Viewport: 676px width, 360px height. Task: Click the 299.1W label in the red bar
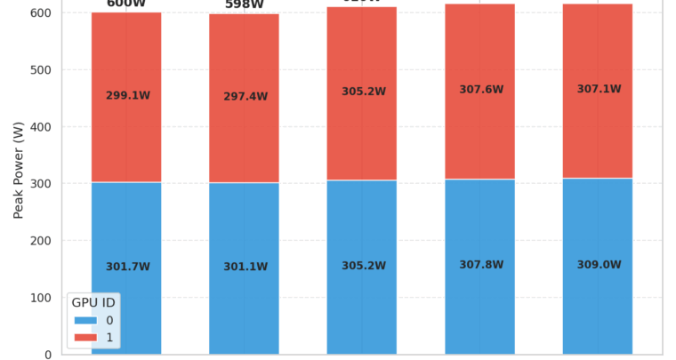(128, 96)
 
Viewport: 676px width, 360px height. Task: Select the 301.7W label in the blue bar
(128, 267)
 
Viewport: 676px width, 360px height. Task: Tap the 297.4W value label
(245, 97)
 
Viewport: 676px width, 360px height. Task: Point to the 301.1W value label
(245, 267)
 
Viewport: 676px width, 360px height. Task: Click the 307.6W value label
(481, 90)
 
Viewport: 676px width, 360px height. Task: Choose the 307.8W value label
(481, 265)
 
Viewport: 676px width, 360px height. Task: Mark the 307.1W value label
(599, 90)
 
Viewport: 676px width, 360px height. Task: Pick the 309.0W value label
(599, 265)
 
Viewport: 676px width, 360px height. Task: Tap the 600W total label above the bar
(125, 4)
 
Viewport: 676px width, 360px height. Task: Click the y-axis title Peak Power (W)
(19, 171)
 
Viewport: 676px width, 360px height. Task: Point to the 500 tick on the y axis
(41, 70)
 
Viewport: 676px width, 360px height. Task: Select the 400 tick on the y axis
(41, 127)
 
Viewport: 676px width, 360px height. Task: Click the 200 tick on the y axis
(41, 241)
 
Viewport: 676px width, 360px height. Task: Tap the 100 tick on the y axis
(41, 298)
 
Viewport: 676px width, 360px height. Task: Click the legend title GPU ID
(93, 303)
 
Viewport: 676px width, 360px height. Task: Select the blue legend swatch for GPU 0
(85, 320)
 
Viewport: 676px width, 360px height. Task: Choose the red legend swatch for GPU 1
(85, 337)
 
